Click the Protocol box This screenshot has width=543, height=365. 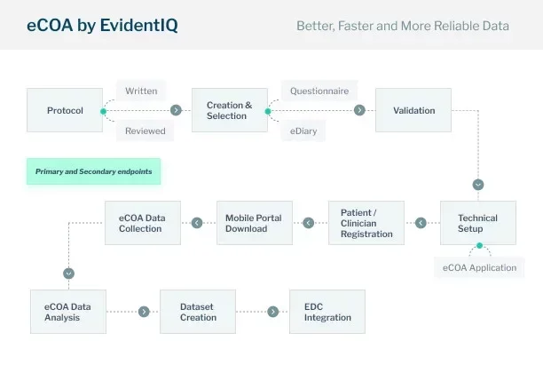tap(65, 110)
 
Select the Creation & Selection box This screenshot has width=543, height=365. tap(230, 110)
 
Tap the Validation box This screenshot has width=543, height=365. tap(413, 110)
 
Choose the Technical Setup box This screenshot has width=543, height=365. tap(478, 223)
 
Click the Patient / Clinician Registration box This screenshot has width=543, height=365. tap(366, 223)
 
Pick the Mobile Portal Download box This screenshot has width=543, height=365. tap(255, 223)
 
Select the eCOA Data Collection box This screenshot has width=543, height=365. tap(143, 223)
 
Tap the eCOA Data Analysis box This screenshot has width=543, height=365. tap(68, 312)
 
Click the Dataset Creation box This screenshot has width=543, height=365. tap(198, 312)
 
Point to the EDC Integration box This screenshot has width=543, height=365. tap(327, 312)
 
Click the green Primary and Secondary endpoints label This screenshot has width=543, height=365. tap(93, 171)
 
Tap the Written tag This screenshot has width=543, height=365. tap(141, 91)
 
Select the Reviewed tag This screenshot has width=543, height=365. tap(146, 131)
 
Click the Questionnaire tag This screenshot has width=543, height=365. tap(319, 91)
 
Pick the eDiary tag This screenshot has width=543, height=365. tap(303, 131)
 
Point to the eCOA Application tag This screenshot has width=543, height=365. tap(479, 267)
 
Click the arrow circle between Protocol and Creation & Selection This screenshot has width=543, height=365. tap(176, 110)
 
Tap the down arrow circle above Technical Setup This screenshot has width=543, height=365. tap(478, 185)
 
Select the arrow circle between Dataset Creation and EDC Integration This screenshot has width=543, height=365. tap(273, 312)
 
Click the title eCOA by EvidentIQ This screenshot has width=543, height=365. tap(103, 26)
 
